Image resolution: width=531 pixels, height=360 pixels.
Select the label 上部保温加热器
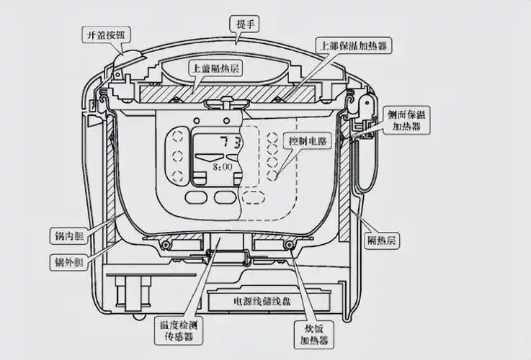(358, 45)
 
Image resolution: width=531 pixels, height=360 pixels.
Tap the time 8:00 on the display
(222, 166)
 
